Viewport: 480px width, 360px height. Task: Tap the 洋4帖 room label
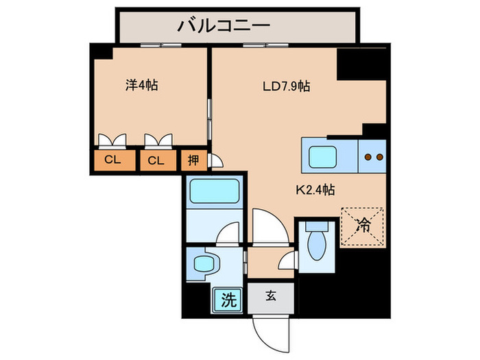point(142,86)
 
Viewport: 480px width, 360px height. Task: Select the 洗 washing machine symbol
point(228,298)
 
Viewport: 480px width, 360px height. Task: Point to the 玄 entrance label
point(271,297)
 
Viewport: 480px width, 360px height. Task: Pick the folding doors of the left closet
point(112,141)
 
